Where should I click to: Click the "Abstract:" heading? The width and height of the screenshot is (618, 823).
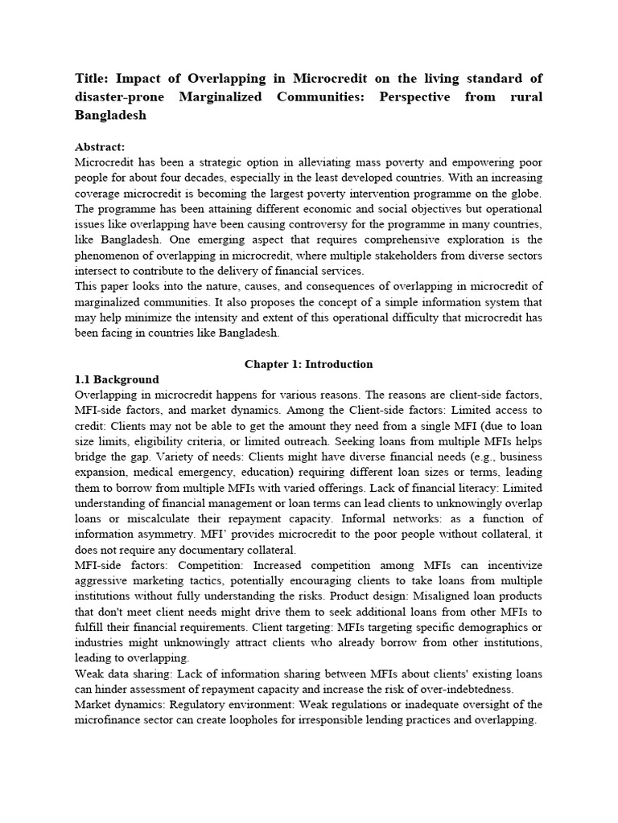(100, 147)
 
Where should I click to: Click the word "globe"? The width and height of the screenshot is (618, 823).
(523, 193)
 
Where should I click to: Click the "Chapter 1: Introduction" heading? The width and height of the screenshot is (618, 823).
(309, 364)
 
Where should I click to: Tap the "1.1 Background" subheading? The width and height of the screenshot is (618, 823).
(117, 379)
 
